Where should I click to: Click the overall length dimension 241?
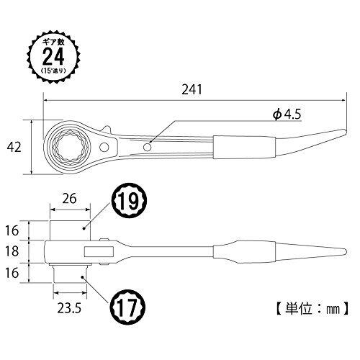[192, 90]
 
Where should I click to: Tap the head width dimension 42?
[14, 147]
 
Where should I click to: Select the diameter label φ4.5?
[287, 114]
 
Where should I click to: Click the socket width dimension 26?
[70, 199]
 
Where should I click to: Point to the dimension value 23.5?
[69, 308]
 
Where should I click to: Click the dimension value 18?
[12, 251]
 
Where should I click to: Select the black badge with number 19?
[127, 201]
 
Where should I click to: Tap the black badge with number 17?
[127, 307]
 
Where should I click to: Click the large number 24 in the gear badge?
[53, 56]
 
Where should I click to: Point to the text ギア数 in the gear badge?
[53, 42]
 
